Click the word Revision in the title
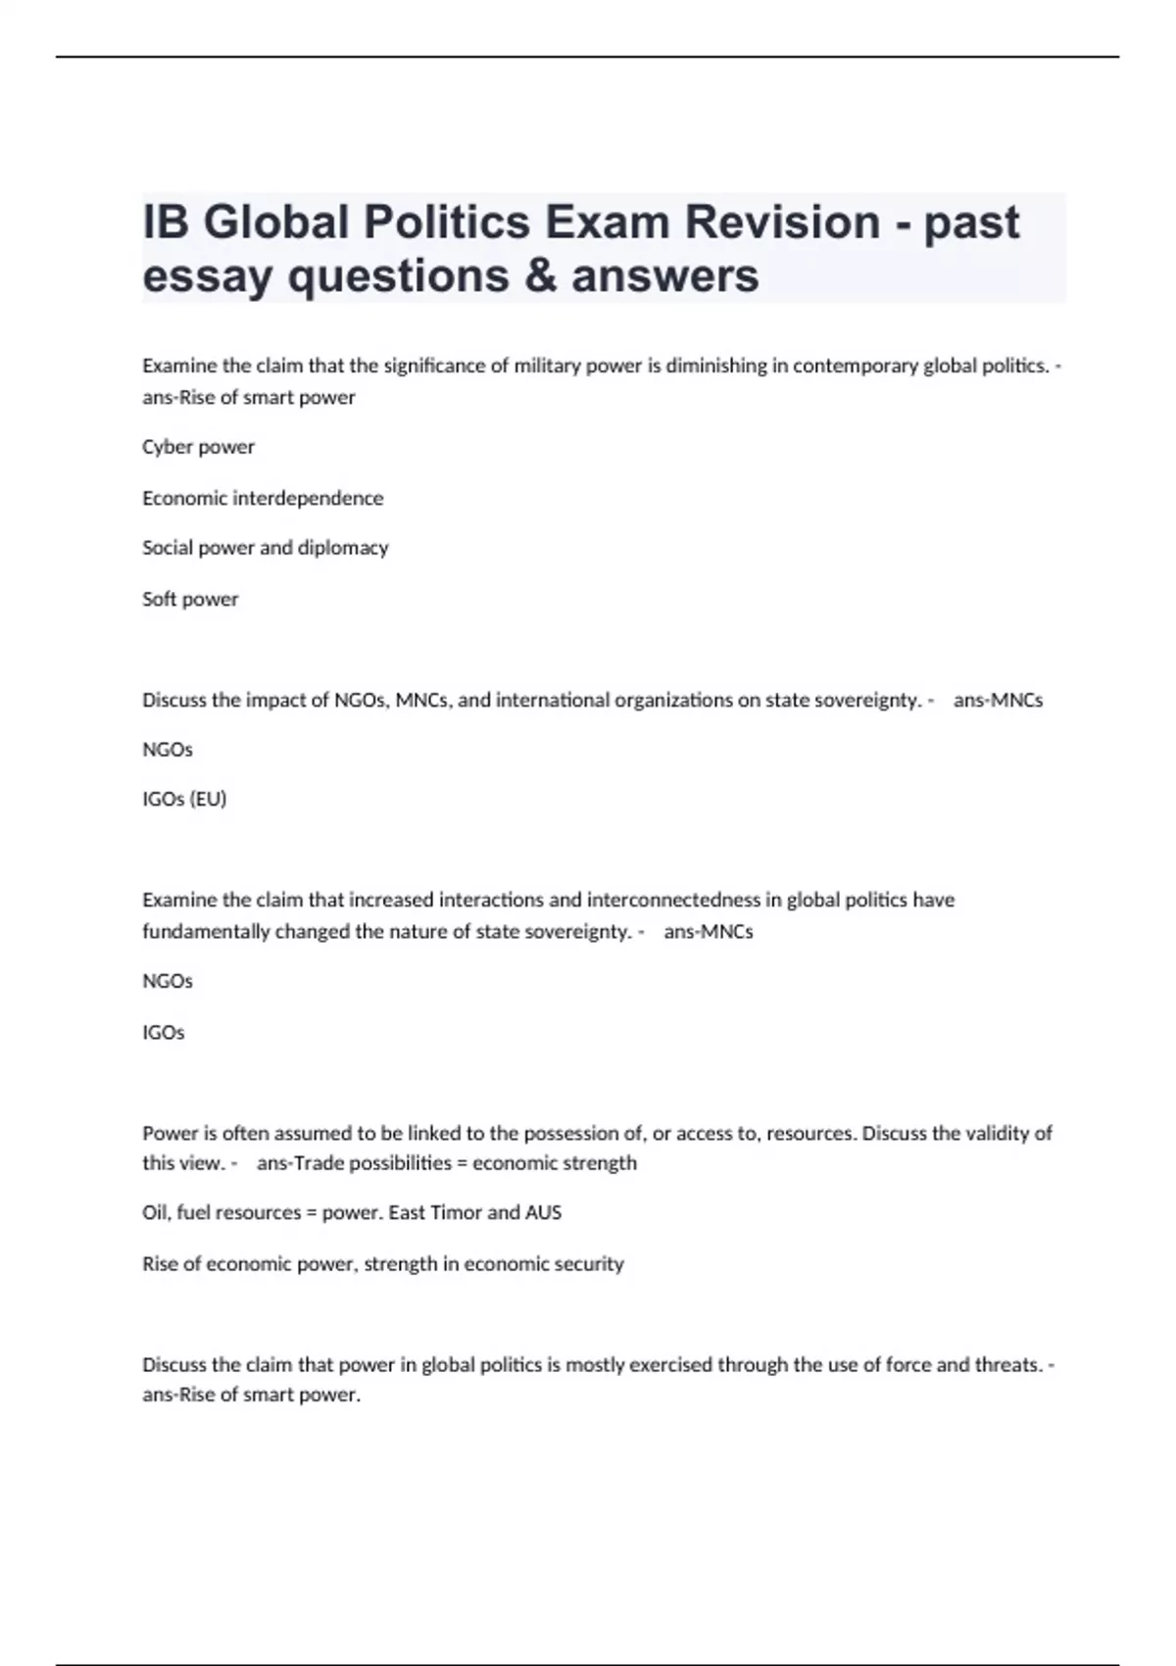(782, 221)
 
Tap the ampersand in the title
(540, 275)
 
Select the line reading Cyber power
(198, 447)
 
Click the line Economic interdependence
(263, 498)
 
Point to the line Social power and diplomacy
(266, 548)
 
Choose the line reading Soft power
(190, 599)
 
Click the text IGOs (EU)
(184, 799)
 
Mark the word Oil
(155, 1212)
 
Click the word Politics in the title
(447, 221)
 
